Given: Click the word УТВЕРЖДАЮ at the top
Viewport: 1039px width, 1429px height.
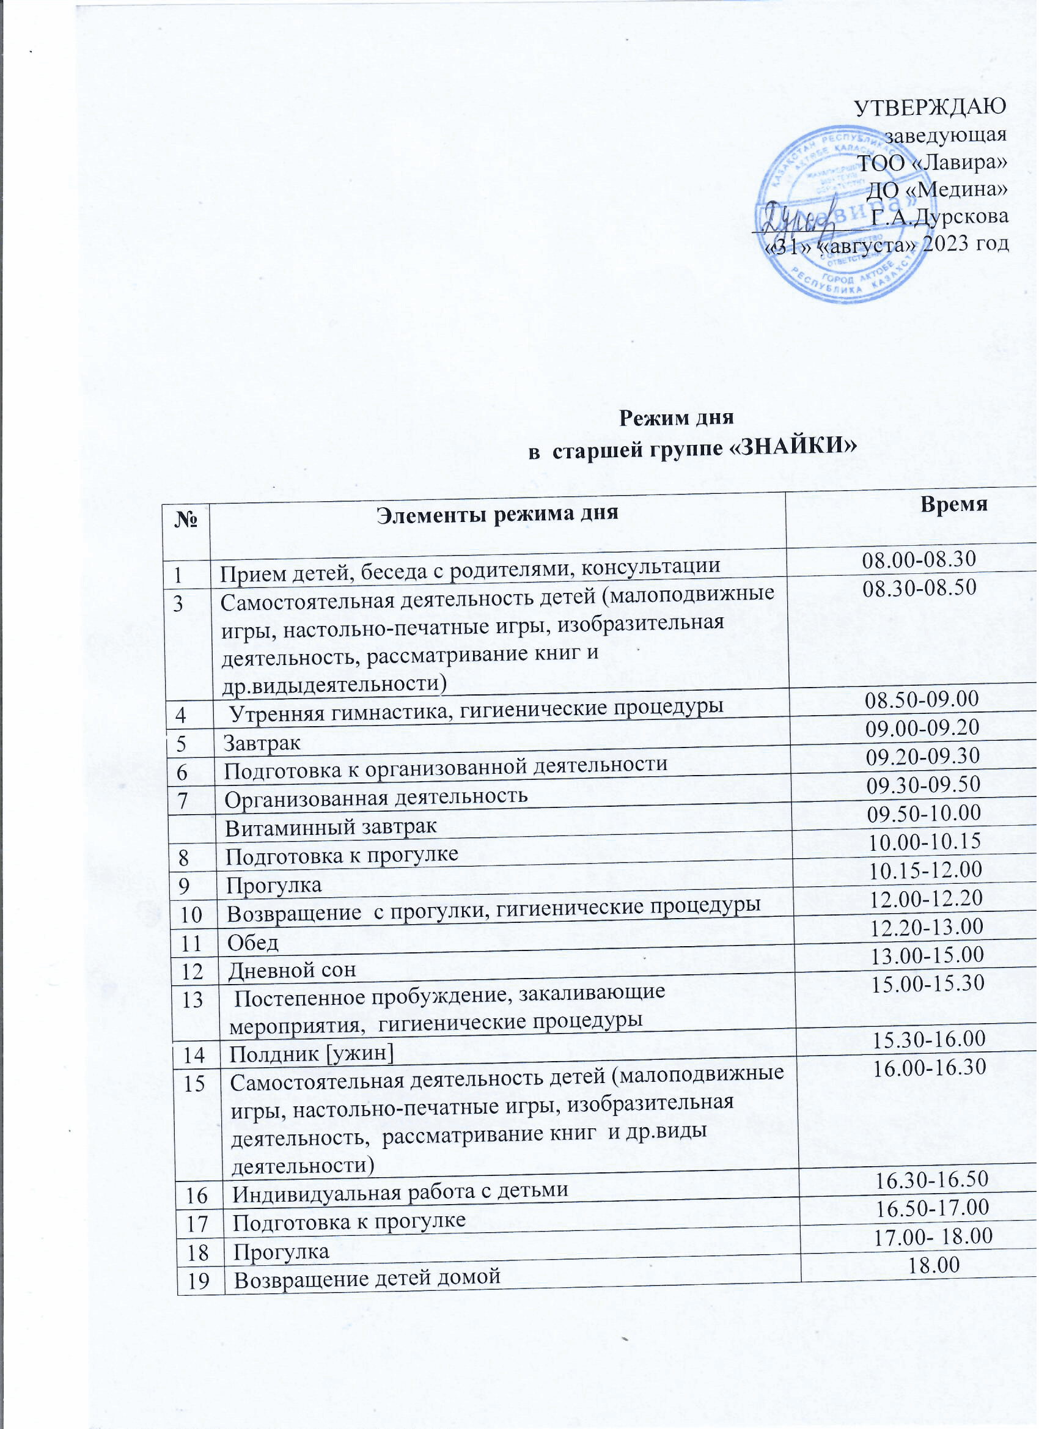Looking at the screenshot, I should pyautogui.click(x=930, y=106).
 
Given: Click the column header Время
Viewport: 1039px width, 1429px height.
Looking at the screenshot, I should pyautogui.click(x=955, y=505).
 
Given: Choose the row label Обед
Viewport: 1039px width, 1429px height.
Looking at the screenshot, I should pyautogui.click(x=252, y=943).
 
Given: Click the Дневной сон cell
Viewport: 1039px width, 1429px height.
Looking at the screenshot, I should pyautogui.click(x=292, y=971).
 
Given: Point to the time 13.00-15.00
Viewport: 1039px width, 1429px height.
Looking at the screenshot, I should pyautogui.click(x=927, y=955).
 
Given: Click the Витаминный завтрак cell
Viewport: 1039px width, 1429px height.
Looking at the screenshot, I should pyautogui.click(x=331, y=826).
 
